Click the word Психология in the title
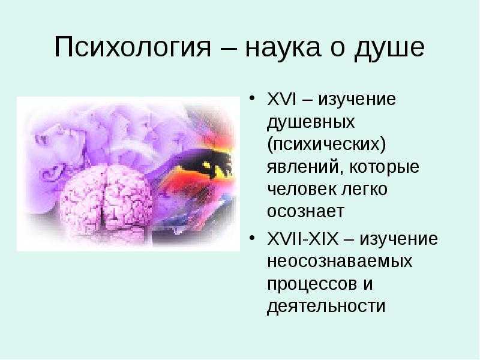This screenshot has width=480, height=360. pyautogui.click(x=133, y=47)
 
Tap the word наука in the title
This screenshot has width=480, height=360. pyautogui.click(x=283, y=49)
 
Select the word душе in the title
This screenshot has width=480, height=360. pyautogui.click(x=389, y=49)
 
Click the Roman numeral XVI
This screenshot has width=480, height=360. pyautogui.click(x=281, y=99)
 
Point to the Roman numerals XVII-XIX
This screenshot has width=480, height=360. pyautogui.click(x=303, y=239)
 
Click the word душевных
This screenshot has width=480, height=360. pyautogui.click(x=311, y=122)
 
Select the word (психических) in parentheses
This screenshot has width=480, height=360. pyautogui.click(x=326, y=144)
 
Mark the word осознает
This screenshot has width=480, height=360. pyautogui.click(x=306, y=212)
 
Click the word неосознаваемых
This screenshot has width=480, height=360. pyautogui.click(x=340, y=262)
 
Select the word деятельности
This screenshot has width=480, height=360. pyautogui.click(x=326, y=307)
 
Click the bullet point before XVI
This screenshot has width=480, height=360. pyautogui.click(x=252, y=98)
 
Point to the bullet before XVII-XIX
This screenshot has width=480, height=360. pyautogui.click(x=252, y=238)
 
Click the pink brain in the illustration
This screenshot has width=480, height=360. pyautogui.click(x=106, y=200)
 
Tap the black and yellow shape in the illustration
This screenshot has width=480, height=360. pyautogui.click(x=208, y=162)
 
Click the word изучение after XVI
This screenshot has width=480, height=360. pyautogui.click(x=357, y=100)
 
